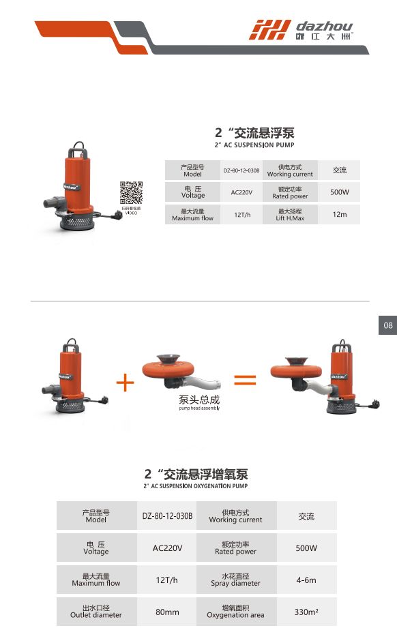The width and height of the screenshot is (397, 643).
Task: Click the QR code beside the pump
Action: pos(131,193)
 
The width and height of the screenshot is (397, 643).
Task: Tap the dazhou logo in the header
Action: pos(301,29)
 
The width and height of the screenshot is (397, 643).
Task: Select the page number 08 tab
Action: pos(388,326)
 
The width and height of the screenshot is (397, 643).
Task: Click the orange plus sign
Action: pos(126,383)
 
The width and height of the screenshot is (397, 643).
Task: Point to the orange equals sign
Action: pos(245,380)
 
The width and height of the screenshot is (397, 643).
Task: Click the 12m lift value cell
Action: pos(340,215)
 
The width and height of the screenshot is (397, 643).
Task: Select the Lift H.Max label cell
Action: pos(290,215)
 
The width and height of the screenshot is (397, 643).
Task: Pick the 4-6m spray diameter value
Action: pos(306,580)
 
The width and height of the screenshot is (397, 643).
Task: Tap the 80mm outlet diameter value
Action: pos(167,612)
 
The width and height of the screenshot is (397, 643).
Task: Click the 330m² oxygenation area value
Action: pos(306,612)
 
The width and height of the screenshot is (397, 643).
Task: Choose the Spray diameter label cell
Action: pos(235,580)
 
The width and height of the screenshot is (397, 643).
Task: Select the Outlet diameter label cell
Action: pos(96,612)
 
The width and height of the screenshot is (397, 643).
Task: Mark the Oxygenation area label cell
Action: pos(235,612)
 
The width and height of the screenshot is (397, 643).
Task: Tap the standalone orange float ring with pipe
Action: pos(180,375)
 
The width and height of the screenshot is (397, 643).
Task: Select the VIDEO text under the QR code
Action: pos(131,213)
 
